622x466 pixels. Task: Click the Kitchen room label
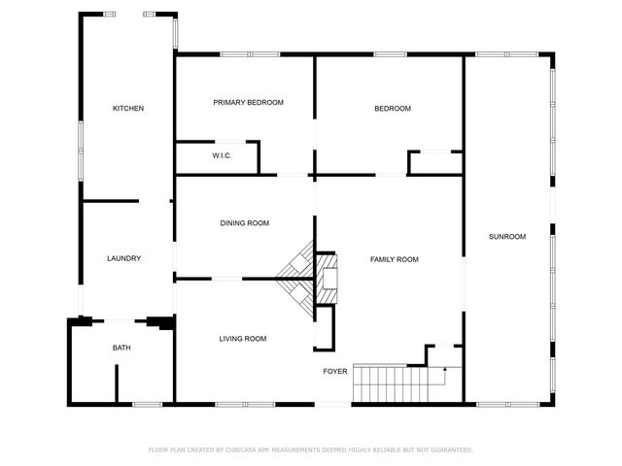tap(128, 109)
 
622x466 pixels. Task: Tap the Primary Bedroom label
tap(248, 102)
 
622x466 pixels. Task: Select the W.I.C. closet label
tap(222, 155)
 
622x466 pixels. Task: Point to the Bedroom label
tap(393, 109)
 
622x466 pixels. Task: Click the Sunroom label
tap(506, 237)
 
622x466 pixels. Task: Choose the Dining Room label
tap(244, 223)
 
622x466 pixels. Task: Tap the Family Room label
tap(394, 259)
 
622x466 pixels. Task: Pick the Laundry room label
tap(123, 258)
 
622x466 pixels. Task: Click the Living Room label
tap(242, 339)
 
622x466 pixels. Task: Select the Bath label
tap(121, 348)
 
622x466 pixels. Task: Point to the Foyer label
tap(335, 371)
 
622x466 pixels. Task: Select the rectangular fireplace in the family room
tap(328, 278)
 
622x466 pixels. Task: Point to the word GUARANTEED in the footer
tap(453, 450)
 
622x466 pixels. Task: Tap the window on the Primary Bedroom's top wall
tap(236, 53)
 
